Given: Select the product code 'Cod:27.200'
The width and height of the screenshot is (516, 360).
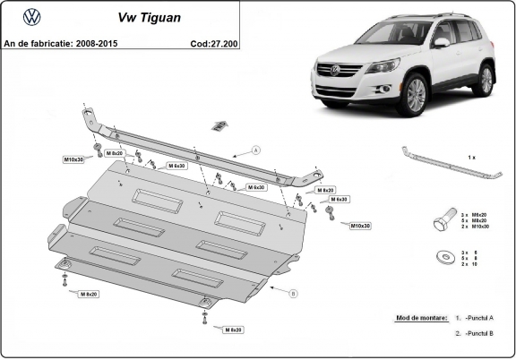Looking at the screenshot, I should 214,42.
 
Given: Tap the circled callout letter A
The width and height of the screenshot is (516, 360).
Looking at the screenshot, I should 255,150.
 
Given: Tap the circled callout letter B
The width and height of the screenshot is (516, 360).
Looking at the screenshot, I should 293,293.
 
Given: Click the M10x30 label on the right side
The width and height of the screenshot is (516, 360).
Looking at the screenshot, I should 360,226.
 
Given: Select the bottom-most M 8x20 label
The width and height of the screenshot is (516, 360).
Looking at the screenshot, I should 234,330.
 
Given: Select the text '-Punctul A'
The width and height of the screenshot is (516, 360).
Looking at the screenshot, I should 478,319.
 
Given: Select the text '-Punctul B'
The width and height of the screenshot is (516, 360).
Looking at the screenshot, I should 478,333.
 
